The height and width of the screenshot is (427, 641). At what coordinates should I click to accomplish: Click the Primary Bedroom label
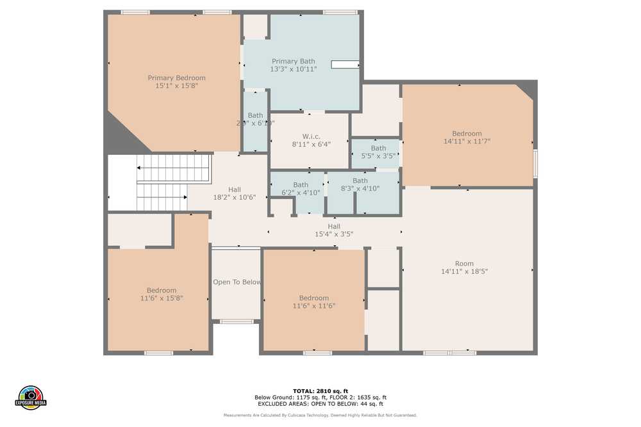tap(176, 78)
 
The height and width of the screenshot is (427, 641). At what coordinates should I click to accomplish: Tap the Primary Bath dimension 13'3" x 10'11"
tap(294, 69)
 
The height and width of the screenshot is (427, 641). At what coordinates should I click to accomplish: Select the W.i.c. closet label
tap(311, 136)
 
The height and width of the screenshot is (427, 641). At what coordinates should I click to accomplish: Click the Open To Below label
tap(237, 282)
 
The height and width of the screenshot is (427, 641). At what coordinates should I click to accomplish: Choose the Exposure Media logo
tap(31, 398)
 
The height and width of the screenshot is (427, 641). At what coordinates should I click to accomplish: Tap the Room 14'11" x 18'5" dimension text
tap(464, 271)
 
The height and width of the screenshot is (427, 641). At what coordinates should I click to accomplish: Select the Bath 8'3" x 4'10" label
tap(360, 181)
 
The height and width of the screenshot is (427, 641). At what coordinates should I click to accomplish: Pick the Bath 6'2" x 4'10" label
tap(301, 185)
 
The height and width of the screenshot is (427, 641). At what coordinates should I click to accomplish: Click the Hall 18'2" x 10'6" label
tap(235, 189)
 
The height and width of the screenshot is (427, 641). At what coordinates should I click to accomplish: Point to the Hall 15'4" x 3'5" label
tap(334, 226)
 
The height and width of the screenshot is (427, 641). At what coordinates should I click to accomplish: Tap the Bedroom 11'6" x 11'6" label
tap(313, 298)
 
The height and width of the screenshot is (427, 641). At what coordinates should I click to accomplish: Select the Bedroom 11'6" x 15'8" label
tap(161, 291)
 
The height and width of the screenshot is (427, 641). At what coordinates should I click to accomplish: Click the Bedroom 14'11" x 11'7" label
tap(467, 134)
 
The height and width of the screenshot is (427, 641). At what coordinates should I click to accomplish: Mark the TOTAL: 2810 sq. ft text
tap(320, 391)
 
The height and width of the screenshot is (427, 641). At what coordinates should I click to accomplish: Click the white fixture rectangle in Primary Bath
tap(345, 64)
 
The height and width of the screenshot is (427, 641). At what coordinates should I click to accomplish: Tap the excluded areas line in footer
tap(320, 404)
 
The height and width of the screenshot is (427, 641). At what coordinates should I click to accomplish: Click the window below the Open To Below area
tap(237, 321)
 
